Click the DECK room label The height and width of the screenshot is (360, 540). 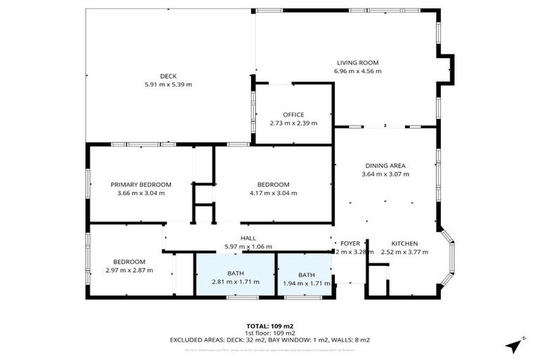pyautogui.click(x=167, y=76)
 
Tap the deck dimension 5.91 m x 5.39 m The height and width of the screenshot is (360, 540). pyautogui.click(x=167, y=84)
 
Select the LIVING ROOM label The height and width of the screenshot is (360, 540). pyautogui.click(x=358, y=63)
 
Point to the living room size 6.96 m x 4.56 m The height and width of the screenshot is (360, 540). pyautogui.click(x=358, y=71)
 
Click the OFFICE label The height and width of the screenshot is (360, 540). pyautogui.click(x=293, y=115)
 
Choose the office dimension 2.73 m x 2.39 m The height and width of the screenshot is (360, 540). pyautogui.click(x=293, y=123)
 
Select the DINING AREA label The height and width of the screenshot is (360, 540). pyautogui.click(x=385, y=165)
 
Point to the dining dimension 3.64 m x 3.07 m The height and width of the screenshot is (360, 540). pyautogui.click(x=385, y=174)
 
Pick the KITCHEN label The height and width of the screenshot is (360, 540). pyautogui.click(x=404, y=243)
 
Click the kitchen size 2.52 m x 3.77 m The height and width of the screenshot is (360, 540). pyautogui.click(x=404, y=252)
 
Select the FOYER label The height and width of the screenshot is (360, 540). pyautogui.click(x=349, y=243)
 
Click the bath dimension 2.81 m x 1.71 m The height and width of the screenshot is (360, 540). pyautogui.click(x=236, y=282)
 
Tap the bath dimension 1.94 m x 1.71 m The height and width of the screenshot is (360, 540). pyautogui.click(x=307, y=283)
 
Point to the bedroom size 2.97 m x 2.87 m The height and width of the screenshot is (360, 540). pyautogui.click(x=129, y=270)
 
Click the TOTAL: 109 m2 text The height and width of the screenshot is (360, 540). pyautogui.click(x=270, y=326)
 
